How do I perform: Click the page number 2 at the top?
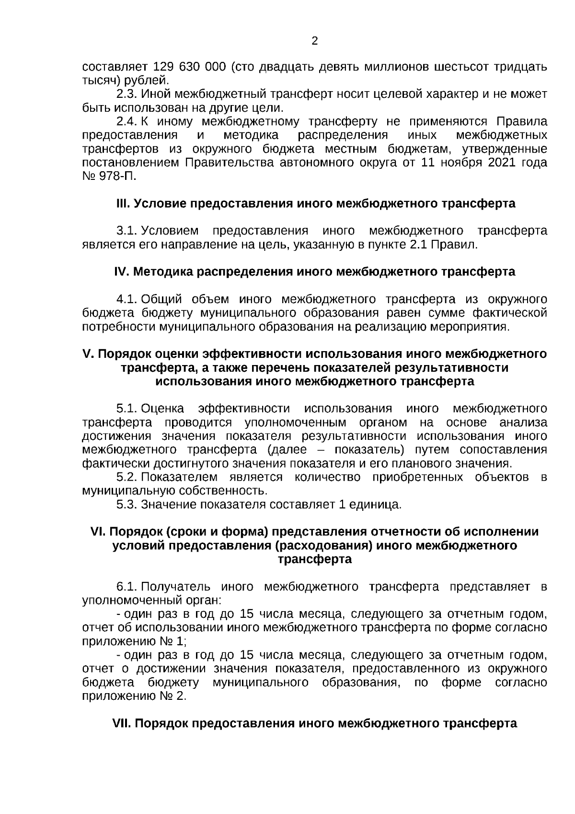[x=315, y=41]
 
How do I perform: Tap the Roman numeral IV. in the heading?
[x=122, y=272]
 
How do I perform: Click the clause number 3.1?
[x=127, y=231]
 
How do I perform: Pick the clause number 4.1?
[x=127, y=300]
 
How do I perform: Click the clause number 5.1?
[x=127, y=409]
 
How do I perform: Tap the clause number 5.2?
[x=127, y=477]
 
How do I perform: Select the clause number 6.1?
[x=127, y=587]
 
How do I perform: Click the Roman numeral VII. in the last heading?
[x=121, y=723]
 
